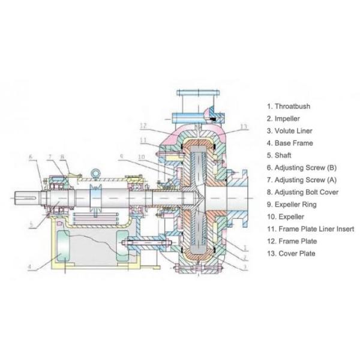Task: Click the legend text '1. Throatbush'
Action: [x=289, y=106]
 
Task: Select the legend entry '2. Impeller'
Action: [x=284, y=118]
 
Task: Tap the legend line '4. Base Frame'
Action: [x=290, y=143]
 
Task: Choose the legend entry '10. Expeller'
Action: [x=286, y=217]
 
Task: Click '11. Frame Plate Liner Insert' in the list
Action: [x=310, y=229]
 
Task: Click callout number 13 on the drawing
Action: [x=243, y=127]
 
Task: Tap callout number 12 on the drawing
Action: [x=143, y=126]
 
